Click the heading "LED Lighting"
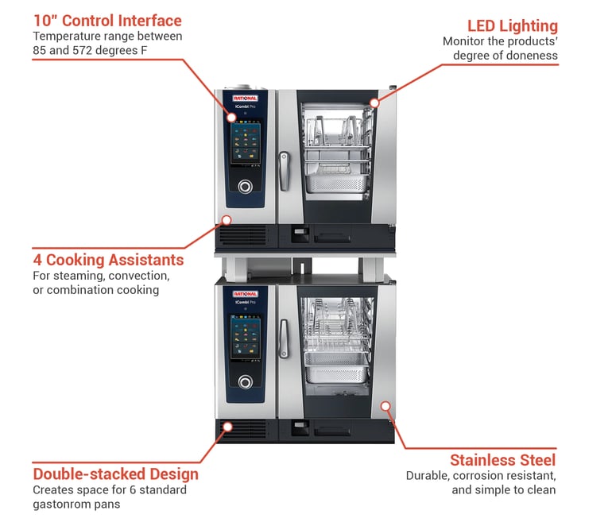click(x=512, y=26)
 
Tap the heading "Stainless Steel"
click(x=502, y=460)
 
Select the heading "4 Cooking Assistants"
click(x=108, y=260)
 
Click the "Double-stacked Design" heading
click(x=115, y=474)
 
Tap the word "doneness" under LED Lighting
click(x=532, y=55)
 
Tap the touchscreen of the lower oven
click(x=246, y=338)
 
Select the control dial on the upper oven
click(x=246, y=187)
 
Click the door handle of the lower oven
click(x=284, y=337)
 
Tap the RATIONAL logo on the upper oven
click(x=246, y=98)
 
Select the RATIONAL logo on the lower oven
click(x=246, y=294)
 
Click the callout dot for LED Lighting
click(x=374, y=102)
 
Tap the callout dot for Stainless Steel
click(x=385, y=405)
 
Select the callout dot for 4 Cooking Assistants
click(x=227, y=219)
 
